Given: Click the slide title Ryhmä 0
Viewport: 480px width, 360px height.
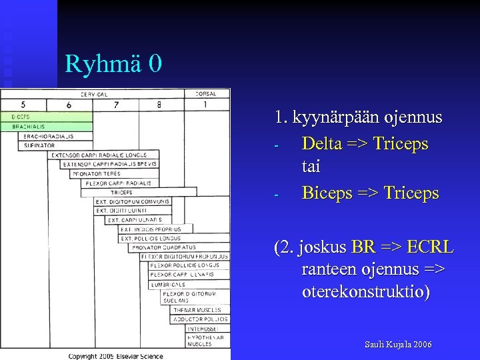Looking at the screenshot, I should click(113, 64).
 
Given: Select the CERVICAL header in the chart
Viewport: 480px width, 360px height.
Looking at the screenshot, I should click(95, 94).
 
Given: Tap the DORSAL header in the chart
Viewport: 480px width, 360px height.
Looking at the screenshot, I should click(205, 94).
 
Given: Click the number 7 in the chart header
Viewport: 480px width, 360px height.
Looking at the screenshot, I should click(116, 105).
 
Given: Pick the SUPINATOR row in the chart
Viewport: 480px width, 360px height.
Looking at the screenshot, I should click(41, 145).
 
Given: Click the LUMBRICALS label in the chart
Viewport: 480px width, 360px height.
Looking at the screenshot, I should click(168, 284).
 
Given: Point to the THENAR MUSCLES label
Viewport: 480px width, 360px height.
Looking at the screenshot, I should click(198, 310).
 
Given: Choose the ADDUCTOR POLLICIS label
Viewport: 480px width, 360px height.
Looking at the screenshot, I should click(200, 319).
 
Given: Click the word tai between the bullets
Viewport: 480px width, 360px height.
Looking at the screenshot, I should click(311, 168).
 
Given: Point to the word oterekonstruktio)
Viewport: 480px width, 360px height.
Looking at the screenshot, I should click(365, 292).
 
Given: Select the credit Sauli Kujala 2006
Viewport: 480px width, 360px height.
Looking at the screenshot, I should click(397, 345).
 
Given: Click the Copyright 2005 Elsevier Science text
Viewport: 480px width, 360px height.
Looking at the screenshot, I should click(115, 355).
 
